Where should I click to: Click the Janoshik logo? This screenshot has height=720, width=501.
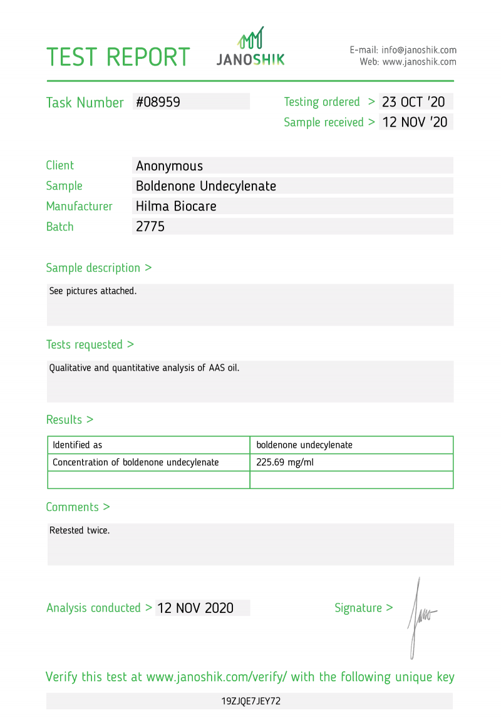pos(250,47)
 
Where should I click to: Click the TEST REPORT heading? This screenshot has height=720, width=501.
pos(118,57)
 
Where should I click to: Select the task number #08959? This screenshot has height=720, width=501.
pos(158,102)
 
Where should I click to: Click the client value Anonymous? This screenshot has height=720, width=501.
pos(169,166)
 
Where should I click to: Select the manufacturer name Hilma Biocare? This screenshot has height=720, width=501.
pos(176,206)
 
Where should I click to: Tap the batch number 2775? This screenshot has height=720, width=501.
pos(150,227)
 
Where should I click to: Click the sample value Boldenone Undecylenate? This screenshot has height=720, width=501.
pos(206,186)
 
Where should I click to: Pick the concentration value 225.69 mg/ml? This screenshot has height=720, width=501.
pos(281,463)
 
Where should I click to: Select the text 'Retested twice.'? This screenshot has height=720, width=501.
pos(80,530)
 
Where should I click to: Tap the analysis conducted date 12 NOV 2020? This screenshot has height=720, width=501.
pos(195,608)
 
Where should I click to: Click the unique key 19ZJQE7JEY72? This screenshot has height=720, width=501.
pos(250,701)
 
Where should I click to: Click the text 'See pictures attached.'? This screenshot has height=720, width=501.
pos(93,291)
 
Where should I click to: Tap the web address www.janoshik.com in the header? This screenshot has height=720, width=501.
pos(419,62)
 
